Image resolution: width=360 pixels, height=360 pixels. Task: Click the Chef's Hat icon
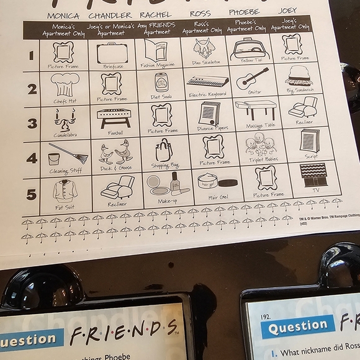point(64,84)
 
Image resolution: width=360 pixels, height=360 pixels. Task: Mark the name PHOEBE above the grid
point(245,12)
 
